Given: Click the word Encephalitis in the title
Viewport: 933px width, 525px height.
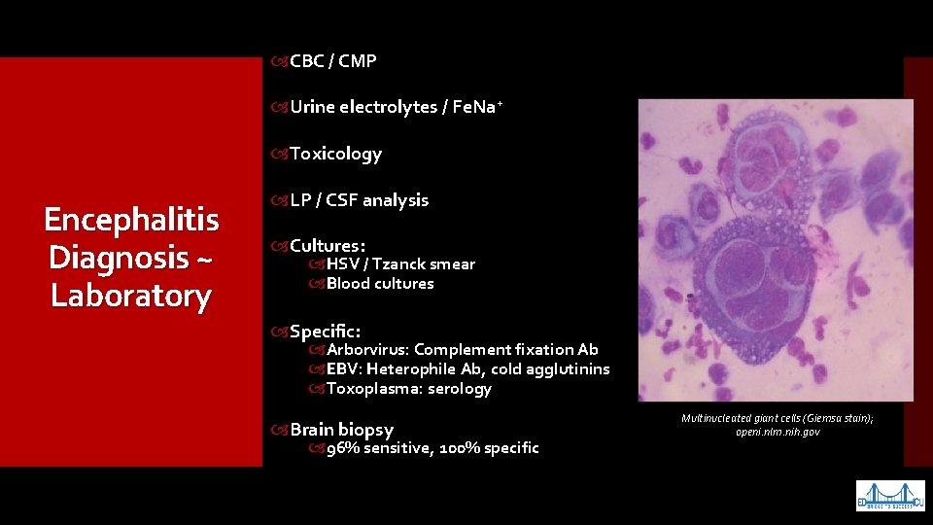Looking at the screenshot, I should [131, 220].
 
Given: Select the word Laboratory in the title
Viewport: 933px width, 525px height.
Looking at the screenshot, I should [131, 295].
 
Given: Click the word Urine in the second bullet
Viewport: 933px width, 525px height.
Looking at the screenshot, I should [312, 107].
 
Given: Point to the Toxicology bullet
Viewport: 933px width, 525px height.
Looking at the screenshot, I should [335, 154].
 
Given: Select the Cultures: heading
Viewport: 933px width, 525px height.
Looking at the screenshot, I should [327, 246].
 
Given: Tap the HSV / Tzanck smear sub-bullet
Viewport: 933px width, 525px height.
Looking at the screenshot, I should [400, 264].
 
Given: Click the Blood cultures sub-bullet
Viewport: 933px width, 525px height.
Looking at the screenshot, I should [380, 284].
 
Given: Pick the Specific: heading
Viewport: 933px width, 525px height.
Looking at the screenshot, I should [325, 331].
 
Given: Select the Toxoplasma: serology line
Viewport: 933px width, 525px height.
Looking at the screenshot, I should [408, 389].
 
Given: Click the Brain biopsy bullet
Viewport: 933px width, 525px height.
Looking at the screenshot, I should [341, 430].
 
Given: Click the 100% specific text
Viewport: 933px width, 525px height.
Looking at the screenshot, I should [489, 448].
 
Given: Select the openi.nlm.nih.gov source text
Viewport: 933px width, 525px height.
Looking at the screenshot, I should [777, 432].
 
